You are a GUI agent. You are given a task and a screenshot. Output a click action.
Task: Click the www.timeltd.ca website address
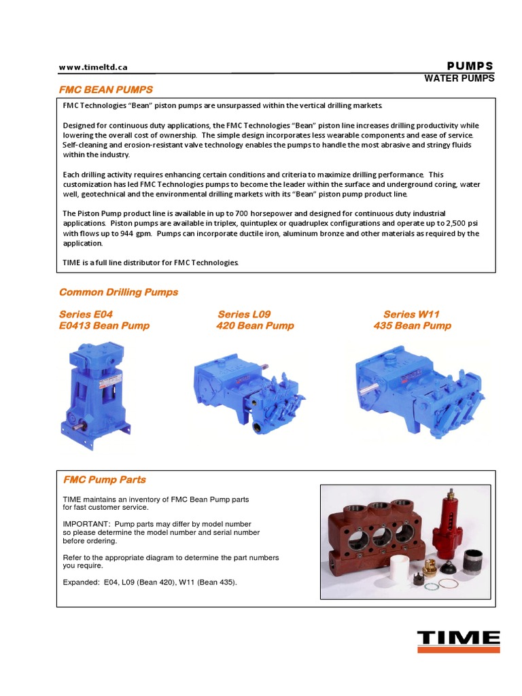point(93,67)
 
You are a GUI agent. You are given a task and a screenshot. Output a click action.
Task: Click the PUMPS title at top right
point(470,66)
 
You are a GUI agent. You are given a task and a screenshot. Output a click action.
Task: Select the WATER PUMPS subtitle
point(459,78)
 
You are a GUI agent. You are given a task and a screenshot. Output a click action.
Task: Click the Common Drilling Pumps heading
point(118,292)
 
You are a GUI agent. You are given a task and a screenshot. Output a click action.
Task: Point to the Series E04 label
point(86,314)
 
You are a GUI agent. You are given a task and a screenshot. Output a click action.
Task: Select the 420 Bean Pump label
point(255,326)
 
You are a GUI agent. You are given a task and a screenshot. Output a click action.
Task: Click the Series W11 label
point(411,314)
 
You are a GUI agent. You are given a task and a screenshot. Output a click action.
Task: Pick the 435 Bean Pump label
point(412,326)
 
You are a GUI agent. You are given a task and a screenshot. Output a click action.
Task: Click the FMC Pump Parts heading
point(104,479)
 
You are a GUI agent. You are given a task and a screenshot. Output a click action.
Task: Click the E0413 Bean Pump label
point(104,326)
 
